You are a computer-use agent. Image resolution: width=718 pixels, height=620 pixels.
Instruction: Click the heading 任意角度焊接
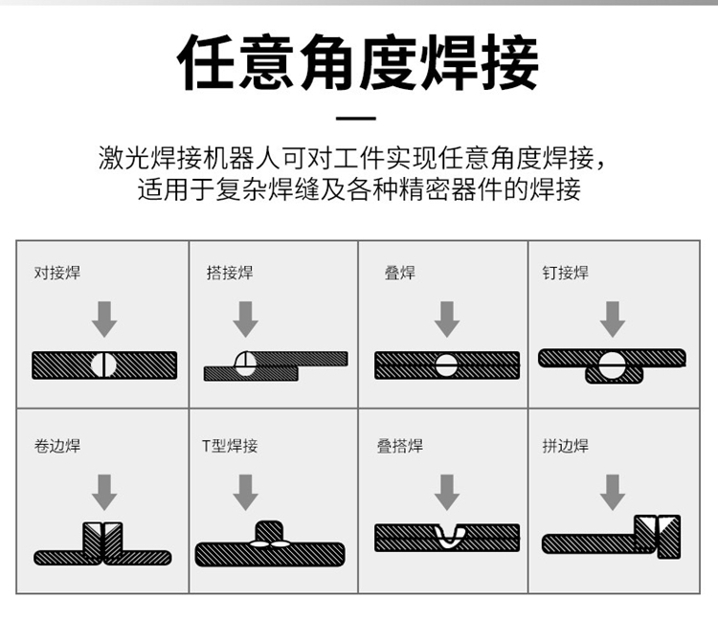358,63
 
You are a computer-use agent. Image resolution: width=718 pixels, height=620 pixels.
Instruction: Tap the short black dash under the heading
356,118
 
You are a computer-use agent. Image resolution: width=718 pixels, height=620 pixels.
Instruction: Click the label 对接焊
57,273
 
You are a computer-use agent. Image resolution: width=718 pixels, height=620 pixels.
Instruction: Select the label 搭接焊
230,273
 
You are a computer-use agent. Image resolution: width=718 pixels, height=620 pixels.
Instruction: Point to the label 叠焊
400,273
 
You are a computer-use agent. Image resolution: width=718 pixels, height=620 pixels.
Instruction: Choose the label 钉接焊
566,273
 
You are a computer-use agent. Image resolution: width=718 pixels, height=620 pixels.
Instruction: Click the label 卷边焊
57,445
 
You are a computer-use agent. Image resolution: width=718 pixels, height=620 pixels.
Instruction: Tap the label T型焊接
230,445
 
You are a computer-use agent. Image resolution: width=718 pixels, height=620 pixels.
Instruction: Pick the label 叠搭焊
400,445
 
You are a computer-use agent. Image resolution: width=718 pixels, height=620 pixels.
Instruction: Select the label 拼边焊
566,445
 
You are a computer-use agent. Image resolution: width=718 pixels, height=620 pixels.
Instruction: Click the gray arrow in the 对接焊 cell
104,320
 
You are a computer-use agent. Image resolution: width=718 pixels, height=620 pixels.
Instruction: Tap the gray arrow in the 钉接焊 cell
613,320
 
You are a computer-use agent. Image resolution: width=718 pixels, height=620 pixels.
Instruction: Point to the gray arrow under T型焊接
245,493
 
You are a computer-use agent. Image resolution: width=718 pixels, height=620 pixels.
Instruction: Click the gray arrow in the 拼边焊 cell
613,493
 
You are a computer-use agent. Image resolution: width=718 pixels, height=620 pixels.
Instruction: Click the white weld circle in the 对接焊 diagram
103,365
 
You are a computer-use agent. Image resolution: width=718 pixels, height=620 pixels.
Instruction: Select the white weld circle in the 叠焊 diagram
446,365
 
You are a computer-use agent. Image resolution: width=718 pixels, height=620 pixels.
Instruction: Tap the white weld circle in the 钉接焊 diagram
612,365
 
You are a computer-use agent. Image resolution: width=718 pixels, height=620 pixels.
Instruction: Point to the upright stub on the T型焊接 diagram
269,531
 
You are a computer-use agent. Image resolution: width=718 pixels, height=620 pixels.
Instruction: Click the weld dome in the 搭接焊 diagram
245,364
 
